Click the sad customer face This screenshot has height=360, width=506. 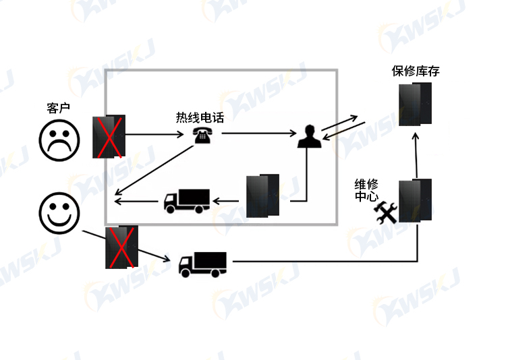coord(59,140)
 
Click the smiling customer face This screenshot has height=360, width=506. coord(59,213)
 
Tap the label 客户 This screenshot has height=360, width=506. coord(59,108)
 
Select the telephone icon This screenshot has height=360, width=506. coord(202,135)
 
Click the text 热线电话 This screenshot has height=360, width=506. coord(200,118)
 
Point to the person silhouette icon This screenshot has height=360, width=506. coord(310,136)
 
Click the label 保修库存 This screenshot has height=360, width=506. coord(416,71)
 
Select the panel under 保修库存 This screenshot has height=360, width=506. coord(415,104)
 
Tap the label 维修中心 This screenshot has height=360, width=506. coord(366,190)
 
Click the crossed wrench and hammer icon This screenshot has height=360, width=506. coord(385,212)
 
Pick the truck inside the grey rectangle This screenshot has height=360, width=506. coord(187,201)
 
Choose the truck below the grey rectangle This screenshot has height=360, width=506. coord(202,264)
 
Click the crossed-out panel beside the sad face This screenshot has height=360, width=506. coord(109,136)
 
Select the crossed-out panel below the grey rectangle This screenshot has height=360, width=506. coord(121,247)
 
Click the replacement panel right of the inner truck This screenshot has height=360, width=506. coord(262,196)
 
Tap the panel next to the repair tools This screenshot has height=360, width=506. coord(415,201)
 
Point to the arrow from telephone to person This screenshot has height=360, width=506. coord(259,133)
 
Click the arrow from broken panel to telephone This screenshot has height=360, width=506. coord(154,134)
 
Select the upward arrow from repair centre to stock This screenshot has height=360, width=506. coord(416,156)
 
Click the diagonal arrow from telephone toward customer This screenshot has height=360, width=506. coord(154,170)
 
